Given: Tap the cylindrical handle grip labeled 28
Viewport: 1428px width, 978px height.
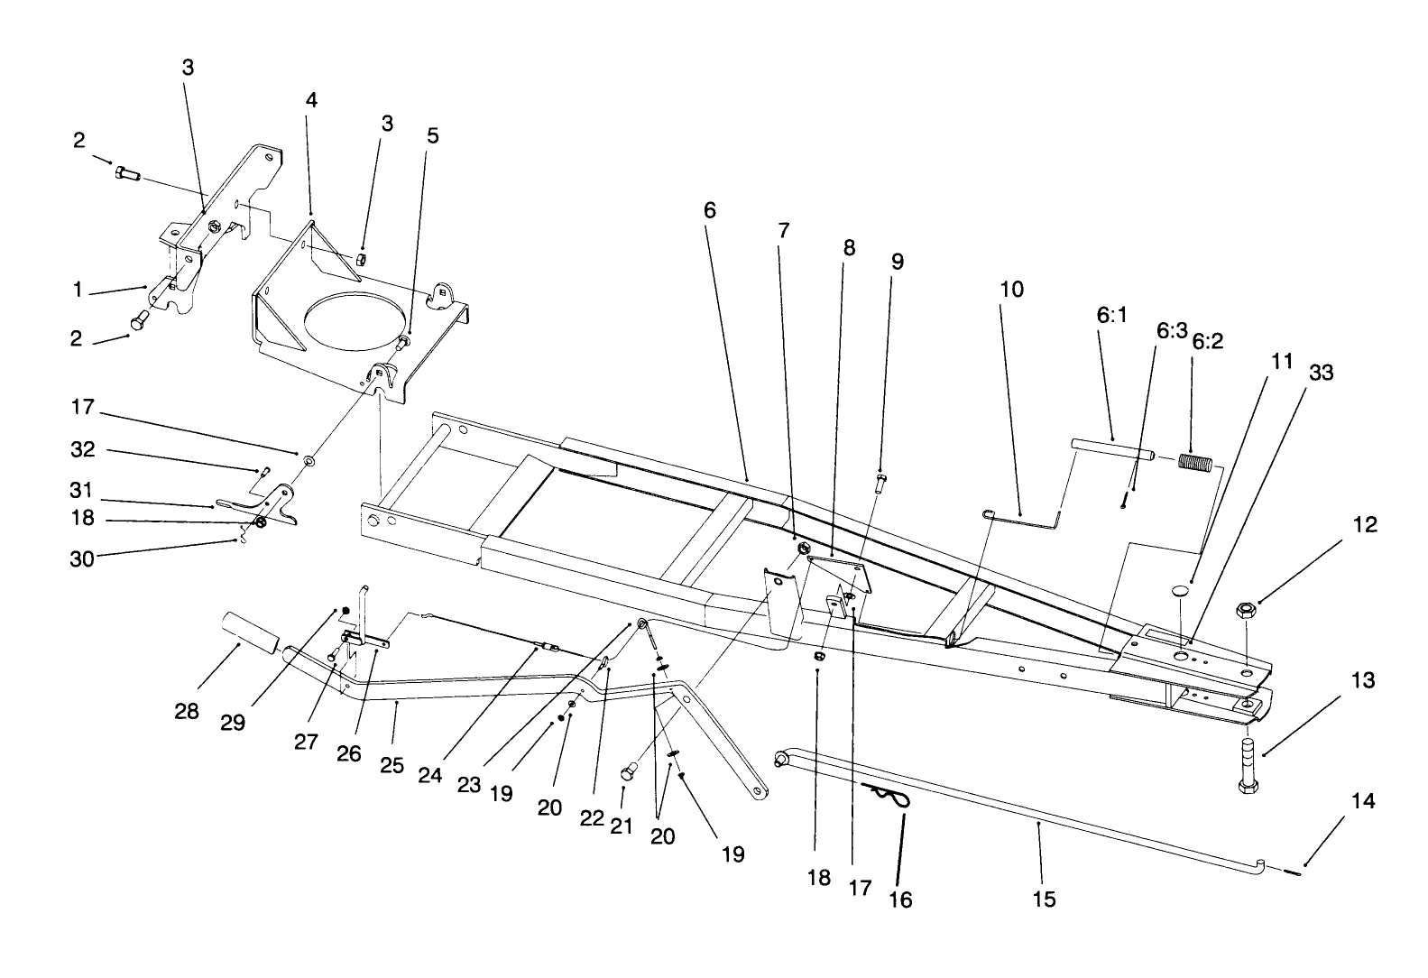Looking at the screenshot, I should click(x=248, y=628).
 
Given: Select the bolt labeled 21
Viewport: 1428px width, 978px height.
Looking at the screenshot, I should click(x=630, y=771).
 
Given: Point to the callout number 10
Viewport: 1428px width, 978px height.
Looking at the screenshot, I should click(x=1012, y=290).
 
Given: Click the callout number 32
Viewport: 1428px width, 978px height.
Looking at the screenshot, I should click(x=82, y=449).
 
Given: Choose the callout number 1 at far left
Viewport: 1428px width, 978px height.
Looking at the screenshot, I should click(x=78, y=290).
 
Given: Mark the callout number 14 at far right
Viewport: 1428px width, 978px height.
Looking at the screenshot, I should click(x=1363, y=800).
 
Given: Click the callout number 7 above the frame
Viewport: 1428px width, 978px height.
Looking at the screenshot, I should click(x=783, y=230).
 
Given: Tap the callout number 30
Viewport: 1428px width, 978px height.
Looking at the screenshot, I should click(x=82, y=558).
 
